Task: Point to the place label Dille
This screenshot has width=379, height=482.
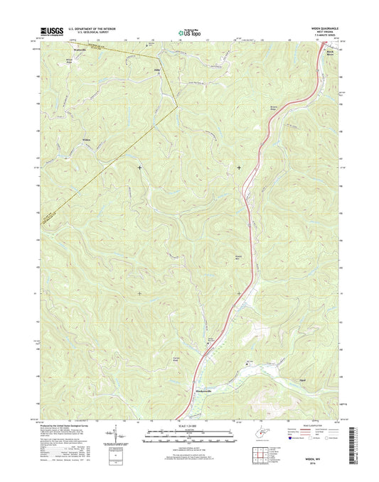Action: [157, 72]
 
